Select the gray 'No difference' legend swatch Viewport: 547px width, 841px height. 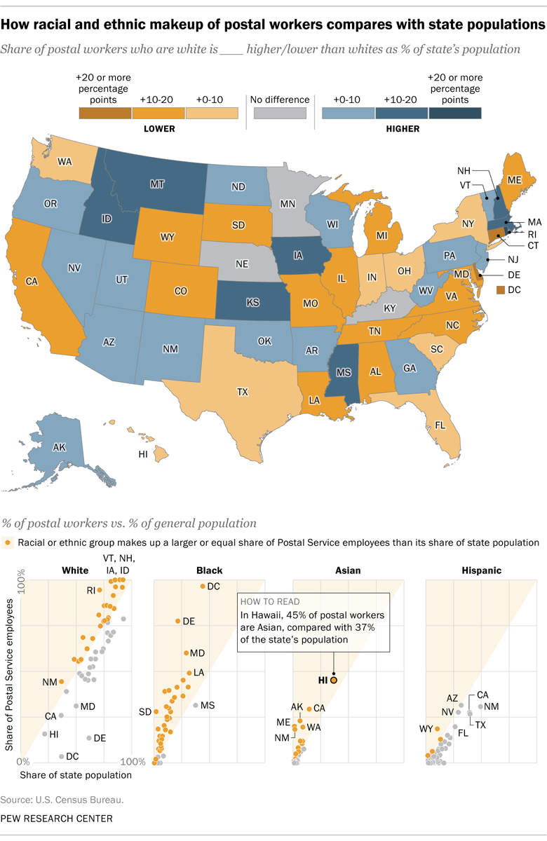click(278, 113)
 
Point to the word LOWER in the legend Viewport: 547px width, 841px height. click(159, 129)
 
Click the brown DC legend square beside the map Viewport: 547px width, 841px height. click(501, 289)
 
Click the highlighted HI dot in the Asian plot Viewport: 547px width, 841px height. click(334, 680)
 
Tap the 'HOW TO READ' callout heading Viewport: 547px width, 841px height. click(270, 601)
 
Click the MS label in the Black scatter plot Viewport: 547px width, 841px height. click(208, 705)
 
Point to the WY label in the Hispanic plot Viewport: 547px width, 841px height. click(426, 729)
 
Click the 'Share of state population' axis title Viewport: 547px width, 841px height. click(76, 775)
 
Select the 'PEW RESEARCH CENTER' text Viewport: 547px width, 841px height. click(57, 818)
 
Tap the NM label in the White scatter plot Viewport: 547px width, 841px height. click(49, 682)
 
